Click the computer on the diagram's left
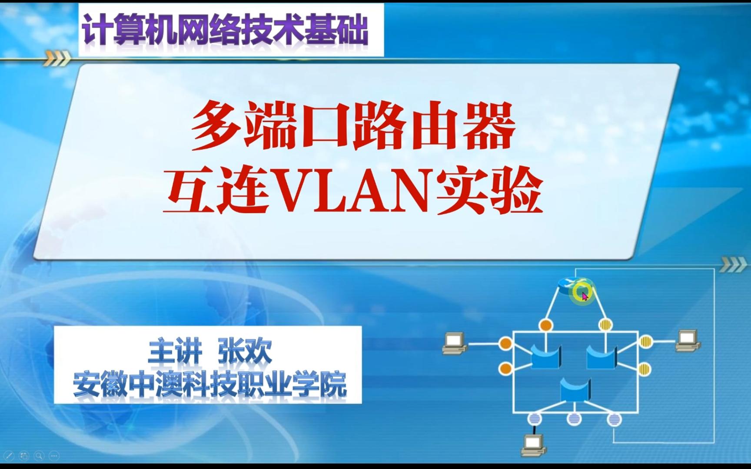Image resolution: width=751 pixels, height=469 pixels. (454, 343)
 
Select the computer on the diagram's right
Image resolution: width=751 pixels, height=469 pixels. (688, 340)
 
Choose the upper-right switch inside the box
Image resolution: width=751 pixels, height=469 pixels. (601, 356)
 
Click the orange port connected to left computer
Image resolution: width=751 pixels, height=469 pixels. (505, 343)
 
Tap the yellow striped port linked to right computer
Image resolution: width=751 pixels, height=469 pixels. (646, 341)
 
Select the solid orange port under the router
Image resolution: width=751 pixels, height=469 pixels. (545, 325)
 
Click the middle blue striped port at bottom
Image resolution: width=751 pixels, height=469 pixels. (574, 419)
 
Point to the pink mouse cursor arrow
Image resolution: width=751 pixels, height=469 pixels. (584, 296)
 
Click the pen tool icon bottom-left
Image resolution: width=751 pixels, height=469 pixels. (9, 456)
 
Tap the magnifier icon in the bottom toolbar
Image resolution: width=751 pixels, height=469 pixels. (39, 456)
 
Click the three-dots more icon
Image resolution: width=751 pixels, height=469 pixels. (54, 456)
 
